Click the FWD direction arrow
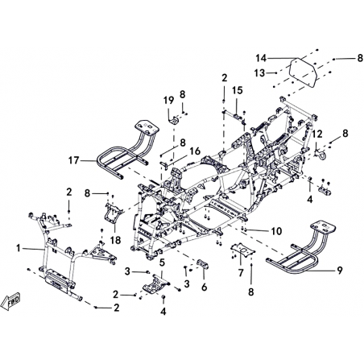[x=10, y=301]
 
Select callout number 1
[x=19, y=249]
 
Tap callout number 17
[x=74, y=160]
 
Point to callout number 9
[x=340, y=271]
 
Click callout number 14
[x=260, y=58]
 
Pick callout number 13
[x=259, y=72]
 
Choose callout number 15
[x=238, y=90]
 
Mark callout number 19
[x=169, y=101]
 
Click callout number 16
[x=195, y=151]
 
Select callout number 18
[x=115, y=240]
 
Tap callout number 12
[x=317, y=134]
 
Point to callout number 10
[x=276, y=231]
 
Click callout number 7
[x=241, y=273]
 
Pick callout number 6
[x=205, y=287]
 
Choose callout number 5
[x=162, y=263]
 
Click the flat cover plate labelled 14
[x=303, y=72]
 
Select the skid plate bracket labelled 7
[x=243, y=249]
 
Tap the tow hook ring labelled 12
[x=321, y=155]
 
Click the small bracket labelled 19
[x=174, y=120]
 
